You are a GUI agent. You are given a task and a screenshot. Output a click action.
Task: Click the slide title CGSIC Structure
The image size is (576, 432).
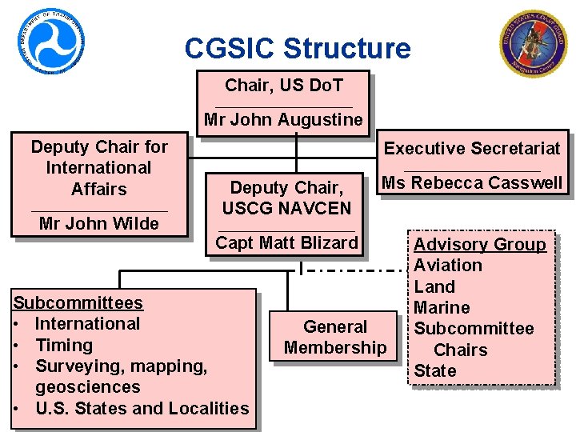[x=297, y=49]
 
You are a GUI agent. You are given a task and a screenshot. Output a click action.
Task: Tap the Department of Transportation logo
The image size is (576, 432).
[x=51, y=41]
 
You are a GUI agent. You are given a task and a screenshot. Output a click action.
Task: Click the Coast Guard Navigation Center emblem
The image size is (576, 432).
[x=530, y=42]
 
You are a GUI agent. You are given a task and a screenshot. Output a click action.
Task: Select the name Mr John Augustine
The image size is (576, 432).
[x=283, y=121]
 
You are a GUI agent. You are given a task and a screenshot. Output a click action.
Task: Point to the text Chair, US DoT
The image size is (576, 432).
[x=284, y=85]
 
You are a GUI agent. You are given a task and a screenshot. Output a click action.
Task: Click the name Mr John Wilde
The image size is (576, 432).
[x=99, y=223]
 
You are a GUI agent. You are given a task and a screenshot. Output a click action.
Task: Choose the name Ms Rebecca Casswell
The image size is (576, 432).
[x=472, y=183]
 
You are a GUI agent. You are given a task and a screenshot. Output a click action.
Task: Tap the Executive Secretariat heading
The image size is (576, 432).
[x=472, y=148]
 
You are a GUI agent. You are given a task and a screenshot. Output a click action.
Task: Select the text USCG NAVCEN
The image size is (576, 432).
[x=286, y=209]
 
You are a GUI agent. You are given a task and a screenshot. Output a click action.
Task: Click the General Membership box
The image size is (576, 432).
[x=335, y=337]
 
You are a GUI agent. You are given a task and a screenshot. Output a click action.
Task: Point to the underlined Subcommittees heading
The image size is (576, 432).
[x=78, y=303]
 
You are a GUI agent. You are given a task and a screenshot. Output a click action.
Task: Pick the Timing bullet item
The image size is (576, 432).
[x=64, y=346]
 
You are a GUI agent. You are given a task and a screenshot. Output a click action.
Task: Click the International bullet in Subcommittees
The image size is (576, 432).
[x=87, y=324]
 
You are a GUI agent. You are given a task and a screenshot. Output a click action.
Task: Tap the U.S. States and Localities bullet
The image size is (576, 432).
[x=142, y=409]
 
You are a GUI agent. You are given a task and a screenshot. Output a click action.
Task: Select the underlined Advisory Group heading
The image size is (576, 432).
[x=479, y=245]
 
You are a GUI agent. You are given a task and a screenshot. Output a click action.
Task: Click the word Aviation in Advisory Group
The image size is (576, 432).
[x=448, y=266]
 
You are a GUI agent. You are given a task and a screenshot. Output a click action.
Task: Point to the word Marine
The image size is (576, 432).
[x=442, y=308]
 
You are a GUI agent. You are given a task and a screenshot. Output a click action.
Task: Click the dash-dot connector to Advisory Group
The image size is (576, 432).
[x=352, y=270]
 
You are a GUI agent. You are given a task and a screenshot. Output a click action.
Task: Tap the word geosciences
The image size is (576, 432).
[x=88, y=387]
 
